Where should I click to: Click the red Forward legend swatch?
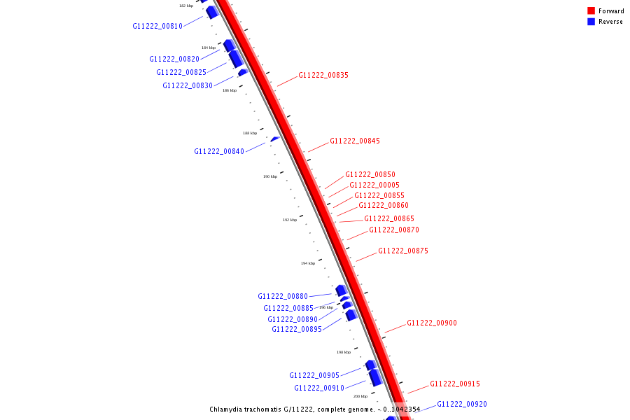click(x=591, y=10)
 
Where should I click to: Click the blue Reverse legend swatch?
click(x=591, y=22)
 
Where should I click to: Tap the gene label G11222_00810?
click(x=157, y=26)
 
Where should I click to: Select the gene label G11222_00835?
click(x=323, y=75)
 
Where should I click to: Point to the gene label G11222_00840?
click(x=219, y=151)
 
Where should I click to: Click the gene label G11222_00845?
click(x=355, y=141)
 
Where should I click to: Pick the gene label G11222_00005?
click(x=374, y=185)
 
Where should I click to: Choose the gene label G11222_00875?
click(x=403, y=251)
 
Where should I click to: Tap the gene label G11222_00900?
click(x=432, y=323)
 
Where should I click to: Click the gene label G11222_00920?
click(x=462, y=404)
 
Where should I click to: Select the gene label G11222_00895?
click(x=297, y=329)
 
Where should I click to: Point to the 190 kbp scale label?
click(x=270, y=176)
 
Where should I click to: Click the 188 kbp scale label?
click(x=250, y=133)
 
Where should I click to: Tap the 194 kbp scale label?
click(x=308, y=263)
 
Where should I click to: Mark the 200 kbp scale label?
click(x=360, y=396)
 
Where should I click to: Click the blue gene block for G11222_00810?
click(x=212, y=12)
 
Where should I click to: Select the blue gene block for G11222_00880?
click(x=341, y=290)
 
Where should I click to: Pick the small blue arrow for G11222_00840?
click(x=275, y=139)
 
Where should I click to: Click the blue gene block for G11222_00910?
click(x=375, y=377)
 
